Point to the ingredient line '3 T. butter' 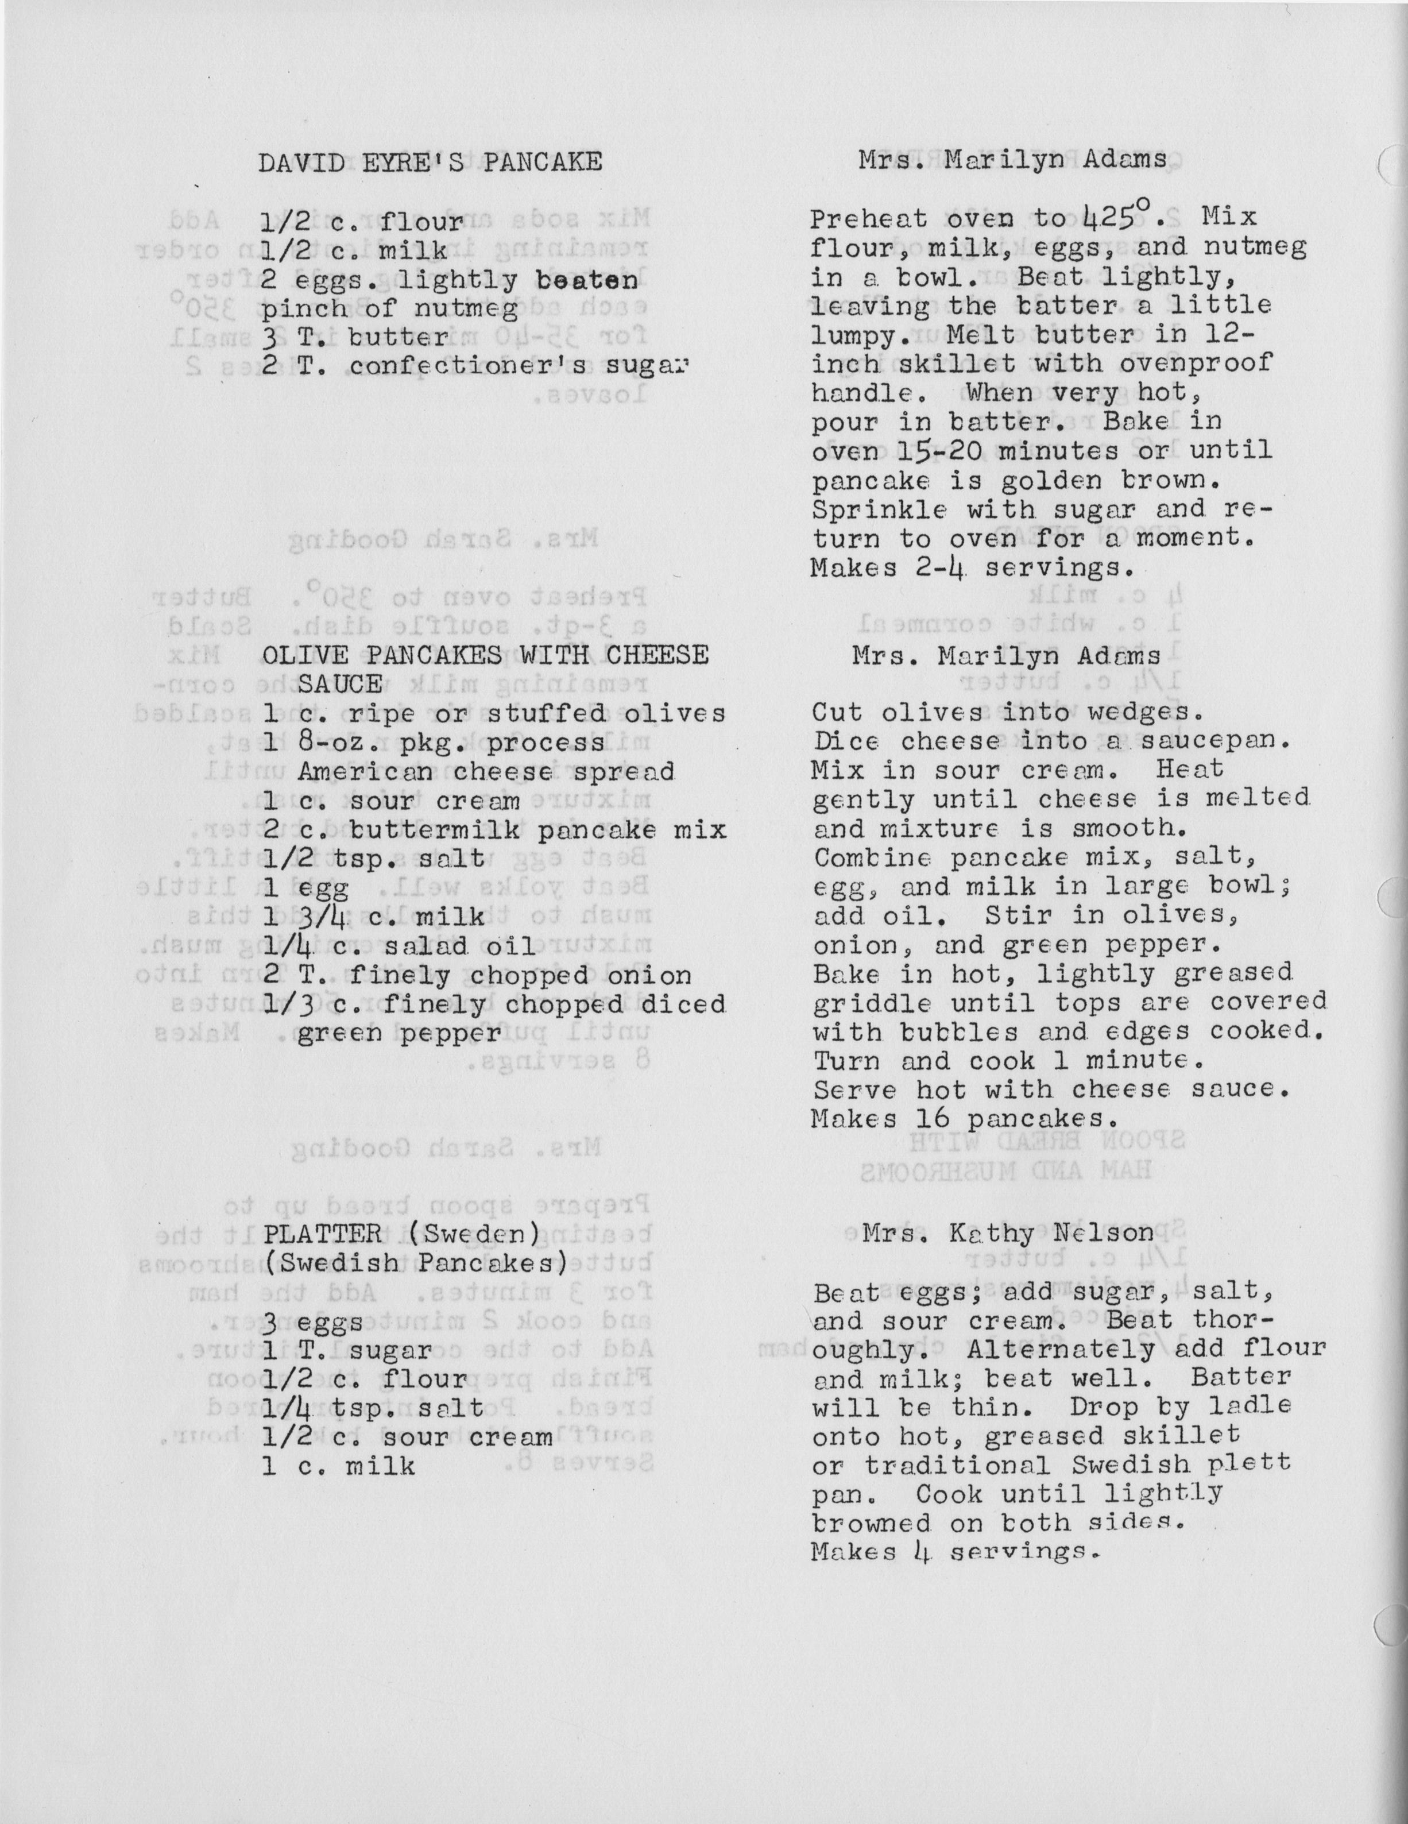(x=355, y=338)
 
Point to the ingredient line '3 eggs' (x=312, y=1322)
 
